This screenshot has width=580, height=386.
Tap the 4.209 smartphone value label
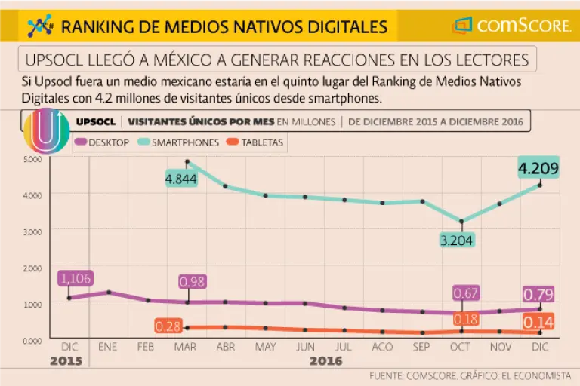coord(538,167)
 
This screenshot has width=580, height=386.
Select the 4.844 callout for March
coord(181,180)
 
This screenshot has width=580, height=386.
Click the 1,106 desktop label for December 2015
coord(74,279)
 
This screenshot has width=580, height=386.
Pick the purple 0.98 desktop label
coord(192,281)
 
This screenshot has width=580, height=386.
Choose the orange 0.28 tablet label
coord(168,326)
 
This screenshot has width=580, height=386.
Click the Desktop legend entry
coord(103,142)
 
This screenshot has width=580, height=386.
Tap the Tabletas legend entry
coord(257,142)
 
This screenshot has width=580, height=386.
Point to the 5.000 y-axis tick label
coord(32,159)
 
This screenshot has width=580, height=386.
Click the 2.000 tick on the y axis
coord(32,268)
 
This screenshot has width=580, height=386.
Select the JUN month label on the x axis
coord(304,347)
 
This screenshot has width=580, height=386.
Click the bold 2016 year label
coord(325,361)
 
